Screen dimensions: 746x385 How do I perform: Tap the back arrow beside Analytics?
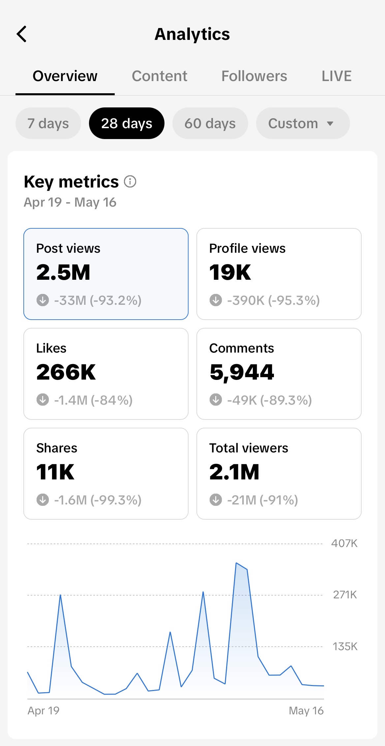(x=22, y=34)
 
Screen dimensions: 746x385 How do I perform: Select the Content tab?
(x=160, y=76)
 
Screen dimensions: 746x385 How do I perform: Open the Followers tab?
(x=254, y=76)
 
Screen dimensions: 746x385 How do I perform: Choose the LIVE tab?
(x=337, y=76)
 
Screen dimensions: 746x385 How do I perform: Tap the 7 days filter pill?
(x=48, y=124)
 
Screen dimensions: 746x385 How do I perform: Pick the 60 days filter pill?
(x=210, y=124)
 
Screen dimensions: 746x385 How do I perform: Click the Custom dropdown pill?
(x=303, y=124)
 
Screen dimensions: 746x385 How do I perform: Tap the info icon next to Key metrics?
(x=130, y=182)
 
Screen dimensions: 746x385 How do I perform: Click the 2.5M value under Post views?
(x=63, y=273)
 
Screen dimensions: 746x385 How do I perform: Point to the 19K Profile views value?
(x=230, y=273)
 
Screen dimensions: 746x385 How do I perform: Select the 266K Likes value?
(x=66, y=372)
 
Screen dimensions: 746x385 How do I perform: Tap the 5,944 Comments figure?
(x=242, y=372)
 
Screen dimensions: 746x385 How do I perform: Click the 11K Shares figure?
(x=55, y=472)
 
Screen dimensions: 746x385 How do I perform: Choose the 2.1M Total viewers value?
(x=234, y=472)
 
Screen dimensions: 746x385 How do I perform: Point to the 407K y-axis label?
(x=344, y=543)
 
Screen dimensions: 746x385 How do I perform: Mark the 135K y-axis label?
(x=345, y=646)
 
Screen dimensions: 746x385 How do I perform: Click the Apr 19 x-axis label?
(x=44, y=711)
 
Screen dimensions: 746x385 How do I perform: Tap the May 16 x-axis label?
(x=306, y=711)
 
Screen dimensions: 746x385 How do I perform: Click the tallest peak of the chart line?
(x=237, y=563)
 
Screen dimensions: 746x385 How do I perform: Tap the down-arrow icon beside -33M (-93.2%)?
(x=43, y=300)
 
